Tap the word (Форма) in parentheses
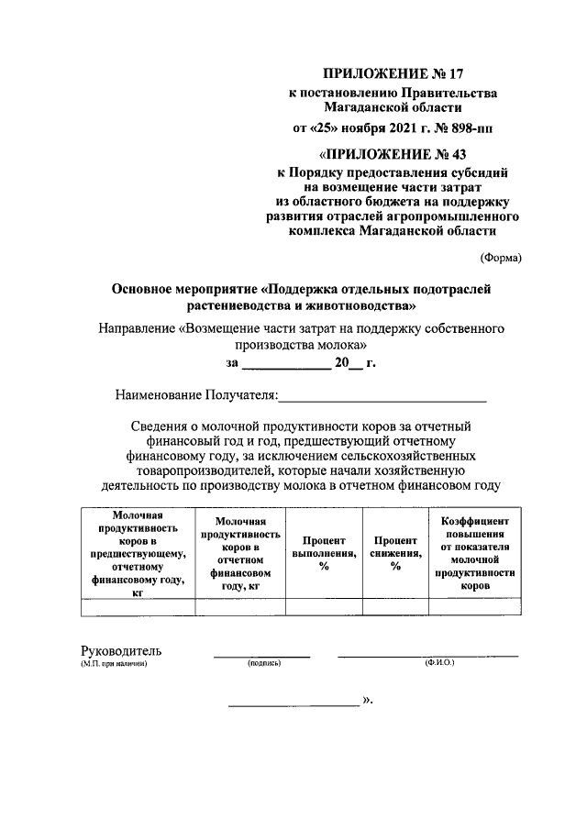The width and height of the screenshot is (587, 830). click(501, 258)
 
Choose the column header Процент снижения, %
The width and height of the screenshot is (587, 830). click(395, 553)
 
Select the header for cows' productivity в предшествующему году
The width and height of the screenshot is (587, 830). click(138, 553)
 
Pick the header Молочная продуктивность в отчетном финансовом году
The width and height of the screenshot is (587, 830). click(239, 553)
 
